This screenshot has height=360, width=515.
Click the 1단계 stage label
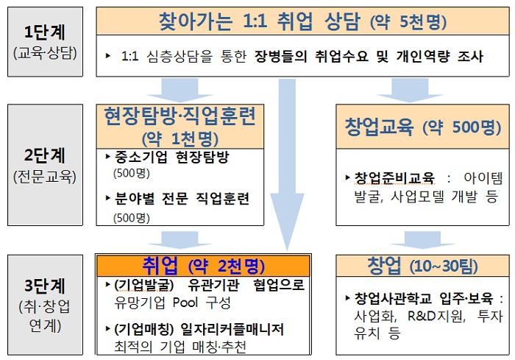[45, 32]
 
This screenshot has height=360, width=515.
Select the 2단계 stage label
[45, 155]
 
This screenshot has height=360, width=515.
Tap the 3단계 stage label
[45, 286]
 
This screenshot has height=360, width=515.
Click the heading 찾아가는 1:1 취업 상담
[260, 21]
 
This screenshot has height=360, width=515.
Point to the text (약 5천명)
[408, 21]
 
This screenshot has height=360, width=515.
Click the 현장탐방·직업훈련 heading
[180, 116]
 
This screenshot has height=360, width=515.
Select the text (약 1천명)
[180, 138]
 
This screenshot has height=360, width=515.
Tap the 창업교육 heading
[379, 127]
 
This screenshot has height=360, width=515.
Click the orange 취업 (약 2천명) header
[203, 265]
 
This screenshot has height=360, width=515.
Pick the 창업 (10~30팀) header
[423, 266]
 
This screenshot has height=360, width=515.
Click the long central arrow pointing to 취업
[287, 164]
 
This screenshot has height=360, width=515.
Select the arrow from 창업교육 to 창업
[422, 240]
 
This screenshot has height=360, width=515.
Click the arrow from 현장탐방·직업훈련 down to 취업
[180, 240]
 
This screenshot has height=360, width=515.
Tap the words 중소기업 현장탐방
[171, 157]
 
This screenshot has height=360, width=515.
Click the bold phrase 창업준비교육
[394, 178]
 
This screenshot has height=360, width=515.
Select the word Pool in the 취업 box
[185, 302]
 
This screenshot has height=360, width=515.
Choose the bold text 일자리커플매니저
[232, 329]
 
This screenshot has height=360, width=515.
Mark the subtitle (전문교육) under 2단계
[45, 177]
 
